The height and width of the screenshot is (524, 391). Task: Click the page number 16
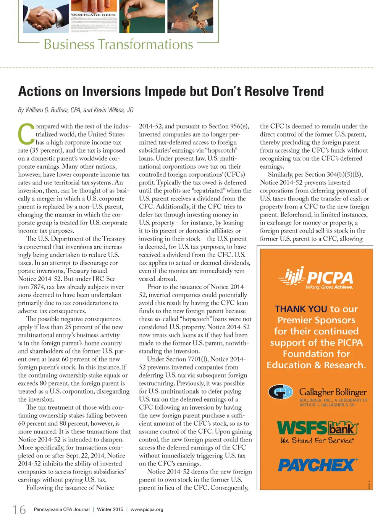(19, 509)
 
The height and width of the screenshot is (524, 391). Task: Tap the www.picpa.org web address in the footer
(147, 509)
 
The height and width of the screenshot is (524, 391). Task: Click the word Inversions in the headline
(111, 91)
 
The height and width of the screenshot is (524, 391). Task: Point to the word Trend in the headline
(308, 91)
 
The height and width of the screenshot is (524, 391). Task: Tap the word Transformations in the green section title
(145, 44)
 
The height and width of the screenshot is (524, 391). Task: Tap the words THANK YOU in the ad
(301, 309)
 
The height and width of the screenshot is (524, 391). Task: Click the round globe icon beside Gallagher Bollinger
(281, 392)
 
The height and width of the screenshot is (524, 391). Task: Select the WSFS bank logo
(317, 428)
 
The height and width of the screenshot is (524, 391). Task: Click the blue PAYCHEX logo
(317, 465)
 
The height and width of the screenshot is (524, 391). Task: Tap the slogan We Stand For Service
(317, 441)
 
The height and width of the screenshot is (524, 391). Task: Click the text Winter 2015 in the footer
(110, 509)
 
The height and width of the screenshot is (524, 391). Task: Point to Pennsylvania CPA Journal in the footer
(61, 509)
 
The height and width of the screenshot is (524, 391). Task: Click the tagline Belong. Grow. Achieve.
(329, 287)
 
